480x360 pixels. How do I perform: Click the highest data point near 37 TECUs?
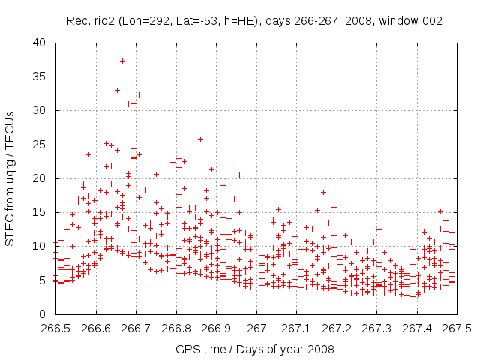122,61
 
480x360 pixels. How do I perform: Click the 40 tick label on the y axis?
39,43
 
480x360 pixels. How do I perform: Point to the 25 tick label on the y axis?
39,145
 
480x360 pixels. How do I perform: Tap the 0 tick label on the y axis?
43,314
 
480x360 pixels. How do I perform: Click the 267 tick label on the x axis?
256,328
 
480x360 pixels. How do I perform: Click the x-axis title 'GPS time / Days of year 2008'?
256,349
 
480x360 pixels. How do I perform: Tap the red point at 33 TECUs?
117,90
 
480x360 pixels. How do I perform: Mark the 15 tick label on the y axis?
39,212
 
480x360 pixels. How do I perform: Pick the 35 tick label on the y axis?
39,76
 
